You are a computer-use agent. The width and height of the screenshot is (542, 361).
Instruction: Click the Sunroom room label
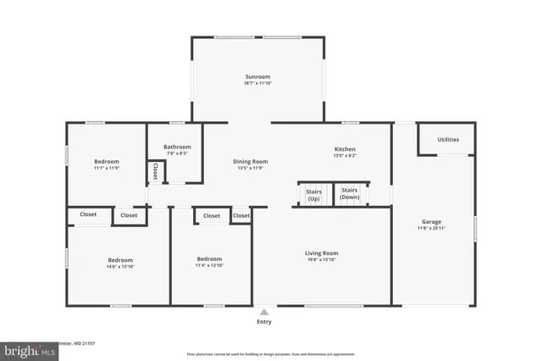[257, 77]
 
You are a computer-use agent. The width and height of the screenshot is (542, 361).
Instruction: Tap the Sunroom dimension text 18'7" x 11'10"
[257, 84]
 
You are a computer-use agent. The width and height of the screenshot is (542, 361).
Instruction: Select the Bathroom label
[177, 147]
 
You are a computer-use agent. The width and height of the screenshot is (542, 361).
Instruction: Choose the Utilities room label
[449, 140]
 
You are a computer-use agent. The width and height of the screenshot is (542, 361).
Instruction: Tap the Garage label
[432, 221]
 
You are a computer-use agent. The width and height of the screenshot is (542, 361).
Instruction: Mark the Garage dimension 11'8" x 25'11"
[432, 228]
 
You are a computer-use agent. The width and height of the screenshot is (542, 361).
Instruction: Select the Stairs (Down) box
[351, 195]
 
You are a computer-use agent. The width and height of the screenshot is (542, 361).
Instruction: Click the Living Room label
[322, 253]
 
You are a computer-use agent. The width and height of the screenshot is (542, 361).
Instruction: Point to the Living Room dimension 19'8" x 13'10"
[322, 259]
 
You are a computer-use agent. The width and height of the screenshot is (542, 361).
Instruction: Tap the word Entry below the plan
[265, 322]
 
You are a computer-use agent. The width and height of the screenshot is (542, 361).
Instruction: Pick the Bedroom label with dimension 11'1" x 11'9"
[107, 161]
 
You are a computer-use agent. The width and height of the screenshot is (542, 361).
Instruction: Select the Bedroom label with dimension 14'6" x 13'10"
[120, 259]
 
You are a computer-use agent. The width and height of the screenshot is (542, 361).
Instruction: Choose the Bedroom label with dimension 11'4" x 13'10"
[209, 258]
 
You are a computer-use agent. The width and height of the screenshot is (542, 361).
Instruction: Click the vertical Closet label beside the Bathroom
[155, 171]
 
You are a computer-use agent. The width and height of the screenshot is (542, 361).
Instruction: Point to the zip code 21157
[86, 344]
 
